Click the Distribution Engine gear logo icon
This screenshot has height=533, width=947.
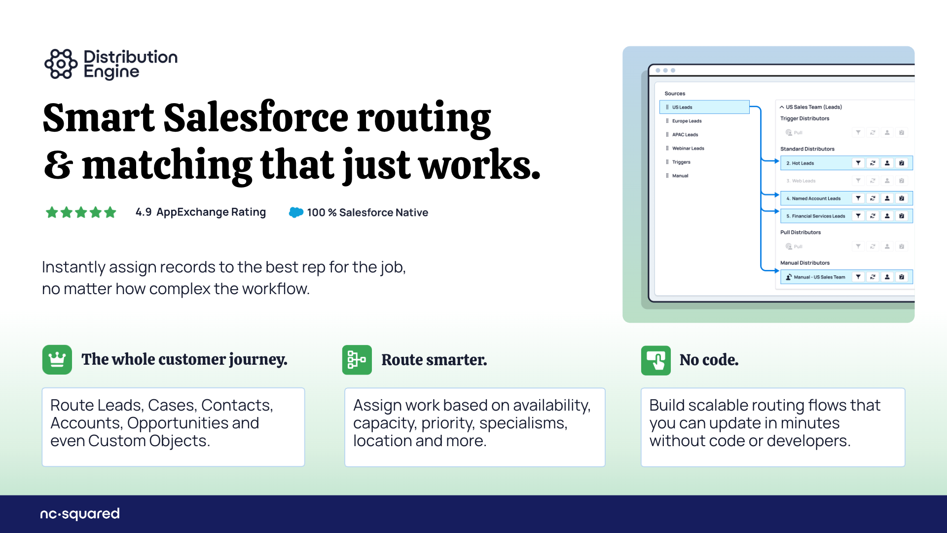click(61, 64)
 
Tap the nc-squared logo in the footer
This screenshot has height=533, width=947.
click(80, 514)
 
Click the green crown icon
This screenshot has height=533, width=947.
click(57, 360)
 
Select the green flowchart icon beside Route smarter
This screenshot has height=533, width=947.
click(357, 360)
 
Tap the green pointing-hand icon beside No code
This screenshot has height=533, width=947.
click(656, 360)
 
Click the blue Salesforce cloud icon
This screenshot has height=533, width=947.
click(296, 212)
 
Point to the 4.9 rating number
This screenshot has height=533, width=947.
click(144, 212)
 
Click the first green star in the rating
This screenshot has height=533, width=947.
click(52, 212)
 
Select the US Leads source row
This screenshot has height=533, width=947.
click(704, 107)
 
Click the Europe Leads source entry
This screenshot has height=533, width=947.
click(687, 121)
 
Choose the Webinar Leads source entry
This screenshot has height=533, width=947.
click(688, 148)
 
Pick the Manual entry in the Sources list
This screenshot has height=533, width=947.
click(680, 176)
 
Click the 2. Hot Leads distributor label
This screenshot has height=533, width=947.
click(800, 163)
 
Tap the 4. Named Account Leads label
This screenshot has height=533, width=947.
click(813, 198)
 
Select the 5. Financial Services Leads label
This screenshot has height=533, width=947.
click(816, 216)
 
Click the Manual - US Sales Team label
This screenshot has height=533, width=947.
click(819, 277)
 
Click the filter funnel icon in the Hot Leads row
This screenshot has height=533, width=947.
click(858, 163)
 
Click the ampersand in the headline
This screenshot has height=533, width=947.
click(58, 165)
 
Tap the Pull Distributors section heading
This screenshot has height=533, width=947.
click(801, 232)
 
